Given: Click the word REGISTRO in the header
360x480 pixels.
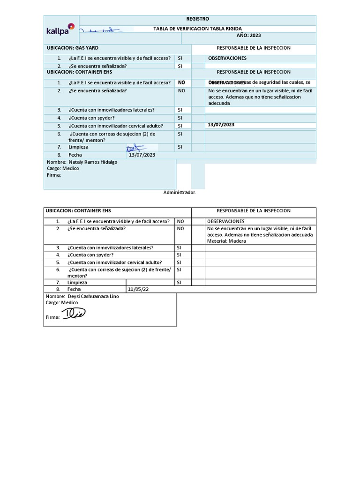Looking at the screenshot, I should click(198, 19).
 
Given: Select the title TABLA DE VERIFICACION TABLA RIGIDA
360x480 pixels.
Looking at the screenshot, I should click(198, 29).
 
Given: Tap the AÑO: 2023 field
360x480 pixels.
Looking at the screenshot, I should click(248, 35).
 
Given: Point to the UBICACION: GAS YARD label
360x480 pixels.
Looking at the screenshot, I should click(73, 48).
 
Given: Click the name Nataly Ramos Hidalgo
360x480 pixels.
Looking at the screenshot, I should click(92, 162).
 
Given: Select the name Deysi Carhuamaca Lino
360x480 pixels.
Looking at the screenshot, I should click(90, 297).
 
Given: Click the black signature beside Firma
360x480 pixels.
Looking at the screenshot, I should click(75, 315).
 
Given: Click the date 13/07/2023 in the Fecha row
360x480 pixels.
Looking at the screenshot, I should click(142, 155).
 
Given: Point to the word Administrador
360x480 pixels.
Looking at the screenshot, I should click(180, 192).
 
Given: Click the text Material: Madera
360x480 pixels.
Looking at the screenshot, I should click(226, 241).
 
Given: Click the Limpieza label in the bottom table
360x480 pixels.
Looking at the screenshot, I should click(77, 283).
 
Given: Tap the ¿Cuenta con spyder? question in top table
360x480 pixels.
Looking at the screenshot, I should click(91, 118).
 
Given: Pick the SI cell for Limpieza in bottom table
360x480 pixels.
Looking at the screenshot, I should click(179, 283).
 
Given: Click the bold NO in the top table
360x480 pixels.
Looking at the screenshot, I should click(181, 82).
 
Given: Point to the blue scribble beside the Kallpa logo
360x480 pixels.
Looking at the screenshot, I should click(101, 30).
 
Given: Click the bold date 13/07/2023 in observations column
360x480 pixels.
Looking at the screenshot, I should click(221, 125).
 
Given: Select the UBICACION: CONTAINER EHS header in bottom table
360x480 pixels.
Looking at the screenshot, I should click(78, 211).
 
